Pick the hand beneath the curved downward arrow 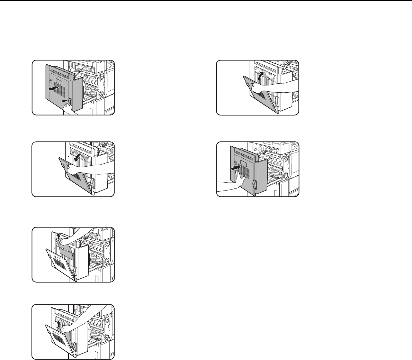[73, 169]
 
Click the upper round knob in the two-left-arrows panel [101, 76]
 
